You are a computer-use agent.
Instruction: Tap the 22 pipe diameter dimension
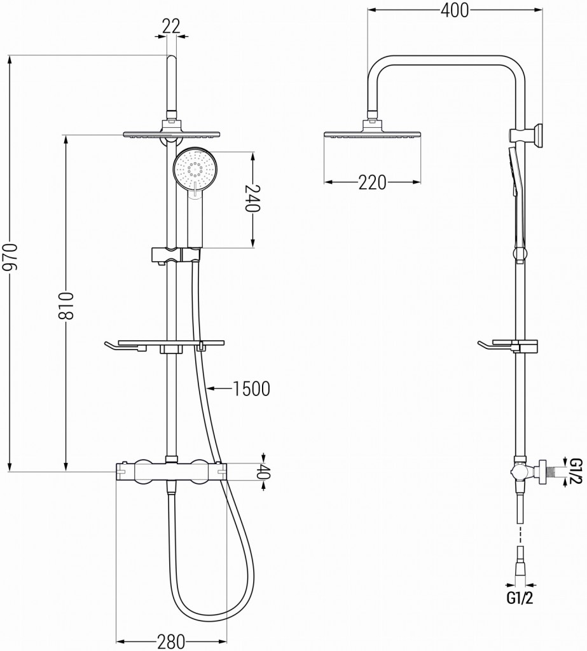[171, 25]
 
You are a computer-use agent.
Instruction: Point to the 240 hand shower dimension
[252, 198]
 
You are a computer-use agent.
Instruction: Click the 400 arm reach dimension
[455, 11]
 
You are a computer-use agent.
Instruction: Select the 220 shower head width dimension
[372, 182]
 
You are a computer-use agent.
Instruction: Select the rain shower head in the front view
[172, 134]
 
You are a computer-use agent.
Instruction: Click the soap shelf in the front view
[164, 345]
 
